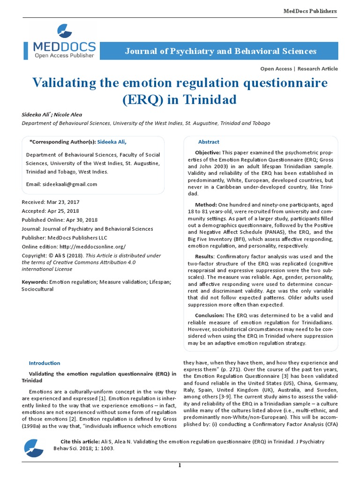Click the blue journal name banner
coord(220,51)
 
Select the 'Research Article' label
coord(317,68)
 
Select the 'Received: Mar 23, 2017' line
coord(50,202)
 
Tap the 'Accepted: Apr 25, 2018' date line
coord(50,211)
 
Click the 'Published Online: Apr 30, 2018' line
coord(60,220)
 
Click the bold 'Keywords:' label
coord(35,282)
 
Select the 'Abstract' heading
coord(209,142)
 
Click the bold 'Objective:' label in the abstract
coord(208,153)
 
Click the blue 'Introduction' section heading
coord(45,363)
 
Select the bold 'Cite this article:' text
coord(80,442)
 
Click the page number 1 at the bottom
coord(179,465)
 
